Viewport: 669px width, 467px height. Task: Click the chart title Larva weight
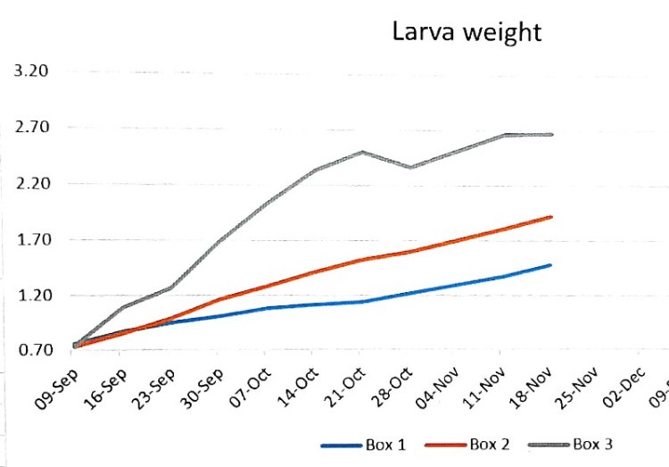point(467,33)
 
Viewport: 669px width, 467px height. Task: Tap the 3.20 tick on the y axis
point(31,71)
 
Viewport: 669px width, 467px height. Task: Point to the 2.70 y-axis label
point(31,128)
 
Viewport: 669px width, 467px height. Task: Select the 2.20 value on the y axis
point(31,184)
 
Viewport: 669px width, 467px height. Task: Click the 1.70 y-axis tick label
point(31,240)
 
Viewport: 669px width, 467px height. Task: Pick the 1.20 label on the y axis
point(31,296)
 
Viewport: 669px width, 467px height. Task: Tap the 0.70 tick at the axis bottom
point(31,351)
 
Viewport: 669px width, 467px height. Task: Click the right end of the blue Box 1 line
point(551,265)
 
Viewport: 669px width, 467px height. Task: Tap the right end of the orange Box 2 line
point(551,217)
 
